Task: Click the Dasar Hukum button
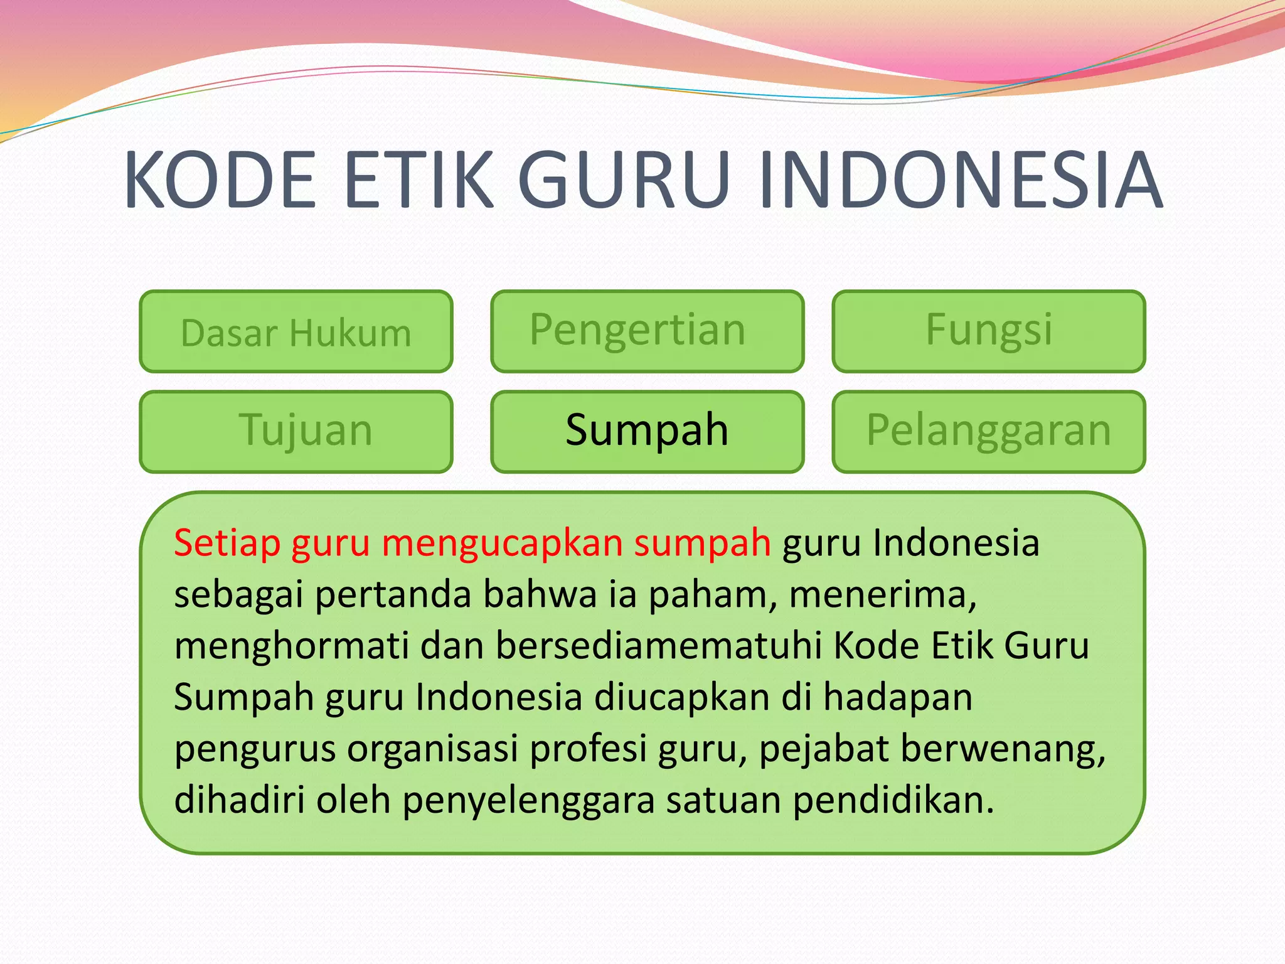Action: pyautogui.click(x=296, y=332)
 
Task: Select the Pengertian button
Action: pyautogui.click(x=647, y=331)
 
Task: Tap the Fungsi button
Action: pyautogui.click(x=989, y=331)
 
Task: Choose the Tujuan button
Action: pyautogui.click(x=296, y=431)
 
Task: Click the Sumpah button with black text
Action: pyautogui.click(x=647, y=431)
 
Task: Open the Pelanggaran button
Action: pyautogui.click(x=989, y=431)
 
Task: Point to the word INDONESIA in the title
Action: pyautogui.click(x=960, y=180)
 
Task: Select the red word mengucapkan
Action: pyautogui.click(x=502, y=544)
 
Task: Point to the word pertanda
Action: pyautogui.click(x=393, y=594)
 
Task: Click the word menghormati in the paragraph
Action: pyautogui.click(x=291, y=646)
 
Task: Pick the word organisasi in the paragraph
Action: pyautogui.click(x=432, y=749)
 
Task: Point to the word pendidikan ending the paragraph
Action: pyautogui.click(x=893, y=800)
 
